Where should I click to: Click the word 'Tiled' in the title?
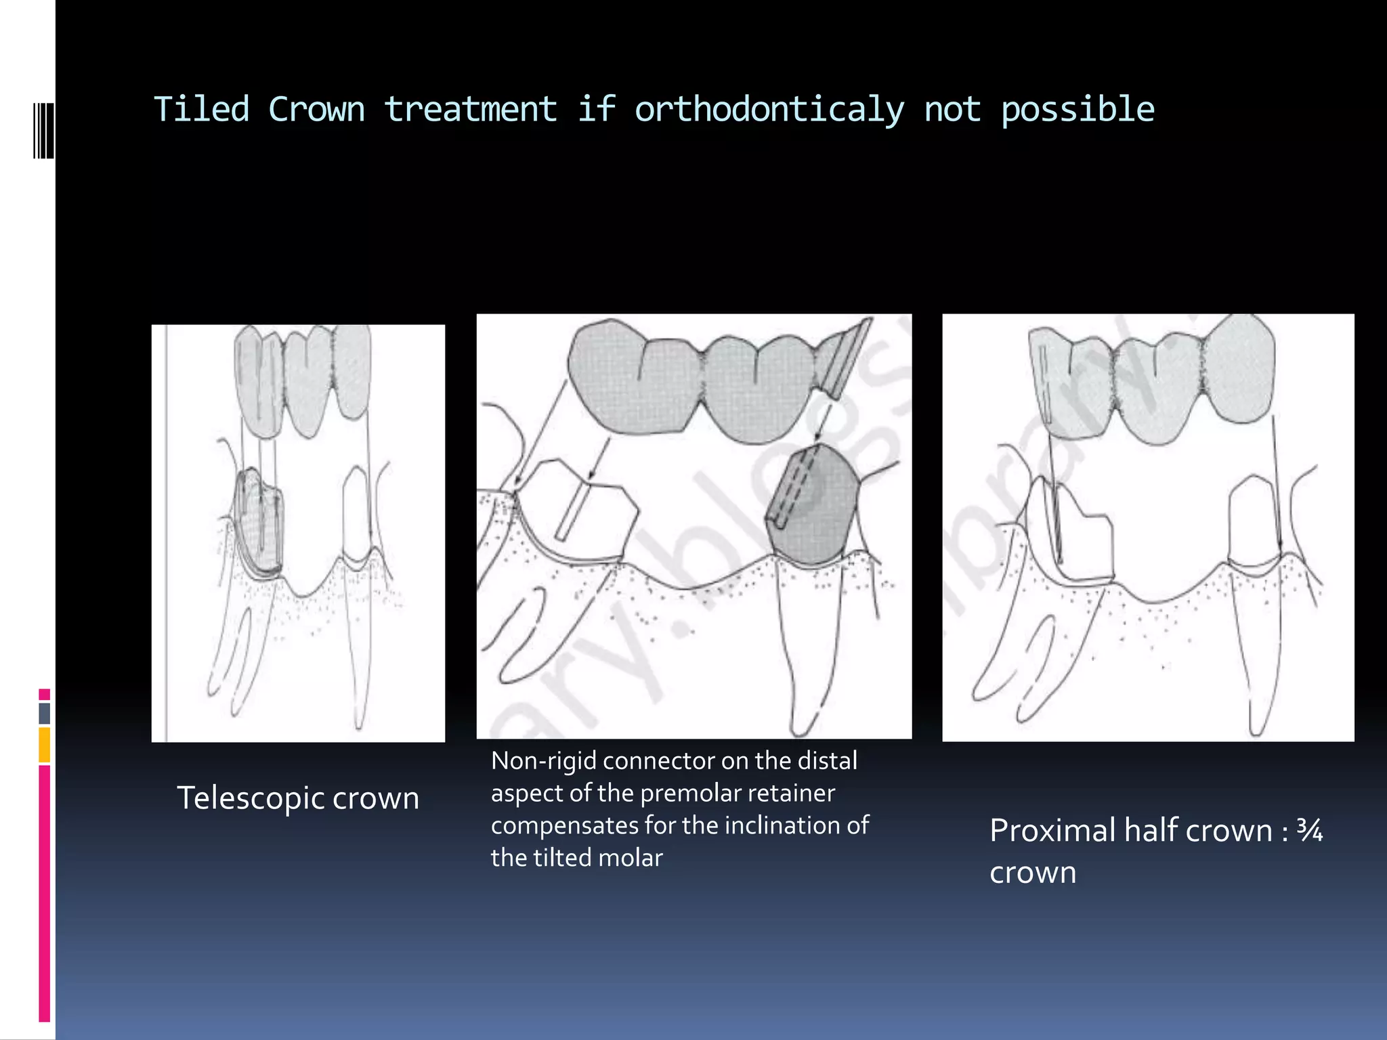[x=201, y=110]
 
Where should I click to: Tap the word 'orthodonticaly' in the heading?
[x=769, y=110]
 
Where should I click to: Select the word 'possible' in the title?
[x=1077, y=110]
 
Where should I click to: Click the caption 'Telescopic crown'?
[x=298, y=798]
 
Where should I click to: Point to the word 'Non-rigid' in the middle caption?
[x=543, y=761]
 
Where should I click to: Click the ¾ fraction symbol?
[x=1309, y=830]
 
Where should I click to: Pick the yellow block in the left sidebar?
[x=45, y=744]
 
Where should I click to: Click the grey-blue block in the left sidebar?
[x=45, y=713]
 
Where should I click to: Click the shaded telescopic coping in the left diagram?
[x=259, y=521]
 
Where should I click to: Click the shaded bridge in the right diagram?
[x=1151, y=379]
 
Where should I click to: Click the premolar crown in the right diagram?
[x=1253, y=521]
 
